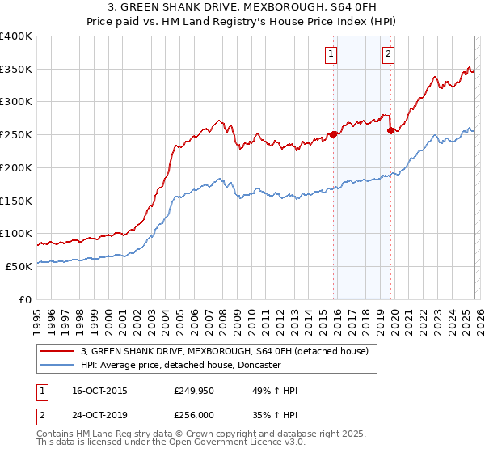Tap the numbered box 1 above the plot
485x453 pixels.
point(331,54)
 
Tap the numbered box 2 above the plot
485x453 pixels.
point(388,54)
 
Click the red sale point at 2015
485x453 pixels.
point(333,134)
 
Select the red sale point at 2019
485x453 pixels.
point(390,129)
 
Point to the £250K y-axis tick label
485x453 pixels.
point(16,135)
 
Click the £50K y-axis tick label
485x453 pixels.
point(19,266)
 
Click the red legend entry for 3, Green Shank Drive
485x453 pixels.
point(225,351)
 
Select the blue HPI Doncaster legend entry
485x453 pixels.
point(180,366)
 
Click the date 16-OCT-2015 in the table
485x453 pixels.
point(99,391)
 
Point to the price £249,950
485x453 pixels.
point(192,391)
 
